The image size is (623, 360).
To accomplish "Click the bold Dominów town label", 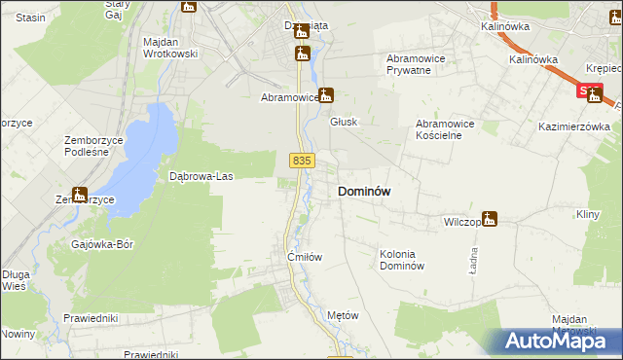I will (364, 192).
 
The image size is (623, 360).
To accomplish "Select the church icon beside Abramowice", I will (326, 95).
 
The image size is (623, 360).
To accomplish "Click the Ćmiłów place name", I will (305, 257).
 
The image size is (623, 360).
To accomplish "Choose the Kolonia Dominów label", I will (402, 260).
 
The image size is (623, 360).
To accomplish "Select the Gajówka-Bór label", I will (102, 244).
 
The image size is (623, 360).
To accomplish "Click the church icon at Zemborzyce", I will (79, 194).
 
